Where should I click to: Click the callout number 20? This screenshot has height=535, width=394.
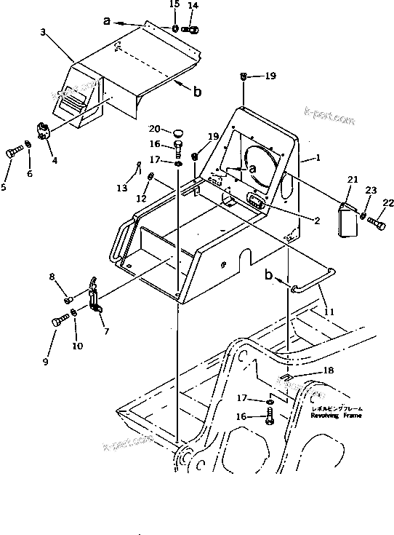coord(156,130)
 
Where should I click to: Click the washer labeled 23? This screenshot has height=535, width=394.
coord(363,215)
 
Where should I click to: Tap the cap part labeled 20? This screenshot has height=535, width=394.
coord(177,132)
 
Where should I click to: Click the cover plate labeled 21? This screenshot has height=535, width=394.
coord(347,218)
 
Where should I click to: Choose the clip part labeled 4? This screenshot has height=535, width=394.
coord(43,131)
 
